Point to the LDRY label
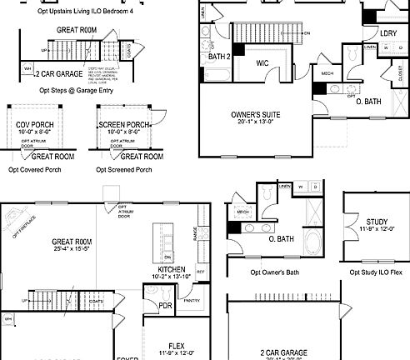pyautogui.click(x=388, y=32)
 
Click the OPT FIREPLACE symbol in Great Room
pyautogui.click(x=14, y=222)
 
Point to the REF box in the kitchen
pyautogui.click(x=200, y=271)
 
